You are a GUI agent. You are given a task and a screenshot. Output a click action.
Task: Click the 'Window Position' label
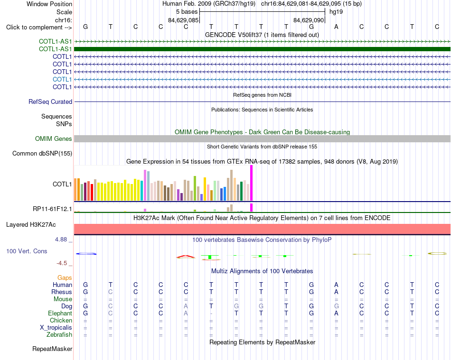pos(49,4)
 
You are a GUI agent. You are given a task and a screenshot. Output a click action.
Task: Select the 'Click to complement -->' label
pos(39,28)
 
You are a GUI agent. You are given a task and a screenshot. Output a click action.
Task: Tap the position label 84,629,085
pos(183,20)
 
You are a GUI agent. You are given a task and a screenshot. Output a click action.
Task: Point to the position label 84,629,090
pos(309,20)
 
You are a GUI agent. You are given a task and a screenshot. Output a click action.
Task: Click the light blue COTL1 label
pos(62,79)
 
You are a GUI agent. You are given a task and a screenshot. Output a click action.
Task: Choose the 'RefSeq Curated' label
pos(50,102)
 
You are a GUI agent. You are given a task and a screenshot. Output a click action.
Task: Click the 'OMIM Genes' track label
pos(54,139)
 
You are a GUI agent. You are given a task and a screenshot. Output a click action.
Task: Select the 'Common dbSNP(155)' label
pos(42,153)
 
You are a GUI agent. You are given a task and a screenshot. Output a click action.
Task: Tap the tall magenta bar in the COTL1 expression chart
pos(252,183)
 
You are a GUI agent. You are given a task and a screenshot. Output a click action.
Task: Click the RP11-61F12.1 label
pos(52,209)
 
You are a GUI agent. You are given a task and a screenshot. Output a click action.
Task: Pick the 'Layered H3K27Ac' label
pos(31,225)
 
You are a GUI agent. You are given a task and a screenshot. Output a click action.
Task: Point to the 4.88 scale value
pos(61,240)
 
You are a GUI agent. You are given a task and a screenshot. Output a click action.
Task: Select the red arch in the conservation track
pos(186,256)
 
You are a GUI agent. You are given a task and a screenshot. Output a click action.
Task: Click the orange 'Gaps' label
pos(65,277)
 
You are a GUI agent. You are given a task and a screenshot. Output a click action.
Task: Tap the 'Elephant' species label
pos(60,313)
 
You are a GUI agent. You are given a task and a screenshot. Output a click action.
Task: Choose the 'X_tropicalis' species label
pos(56,328)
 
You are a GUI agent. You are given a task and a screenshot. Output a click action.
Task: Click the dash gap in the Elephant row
pos(211,314)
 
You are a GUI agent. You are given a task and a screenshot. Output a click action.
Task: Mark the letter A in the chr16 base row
pos(336,27)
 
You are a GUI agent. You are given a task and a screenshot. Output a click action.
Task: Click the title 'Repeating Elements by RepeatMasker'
pos(263,342)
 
